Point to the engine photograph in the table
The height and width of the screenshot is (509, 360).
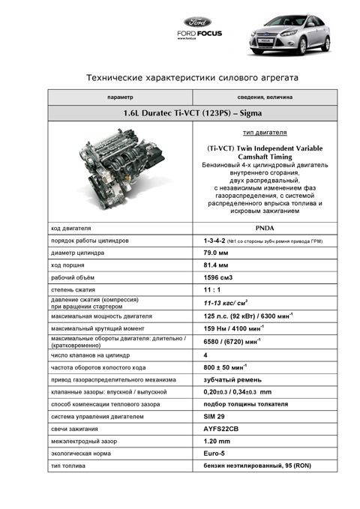coord(120,174)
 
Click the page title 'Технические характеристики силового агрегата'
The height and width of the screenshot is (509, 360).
coord(193,77)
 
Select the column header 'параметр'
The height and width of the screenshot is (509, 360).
coord(120,97)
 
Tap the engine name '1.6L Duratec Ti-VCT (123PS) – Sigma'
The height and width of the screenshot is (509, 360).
coord(193,115)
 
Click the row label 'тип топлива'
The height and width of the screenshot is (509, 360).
coord(68,466)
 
